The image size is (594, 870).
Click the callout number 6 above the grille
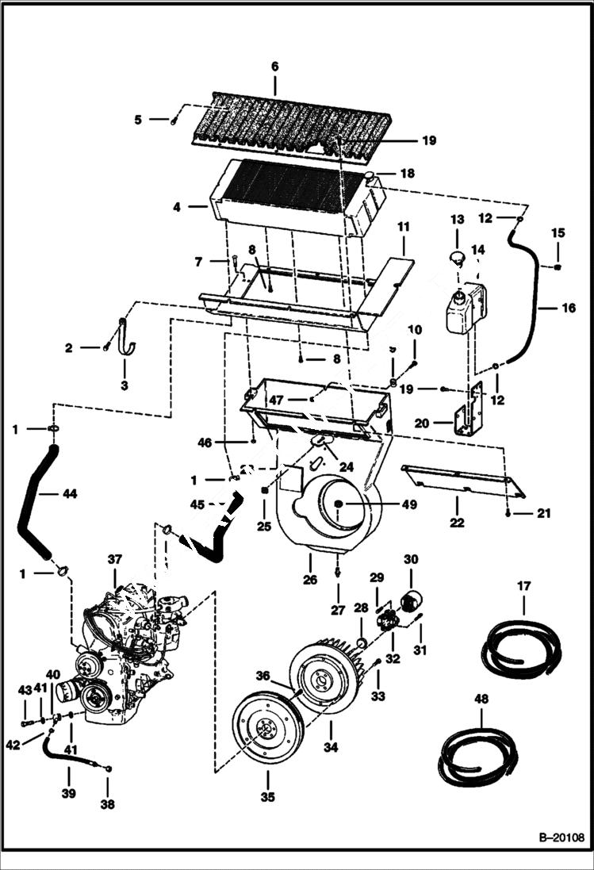275,67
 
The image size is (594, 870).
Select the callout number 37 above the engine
114,561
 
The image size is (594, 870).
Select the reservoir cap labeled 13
456,258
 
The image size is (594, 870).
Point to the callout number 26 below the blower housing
310,580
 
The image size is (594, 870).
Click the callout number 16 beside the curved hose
569,308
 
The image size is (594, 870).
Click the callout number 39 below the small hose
68,792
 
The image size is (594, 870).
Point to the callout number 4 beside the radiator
176,207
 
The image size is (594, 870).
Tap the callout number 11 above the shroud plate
404,227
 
